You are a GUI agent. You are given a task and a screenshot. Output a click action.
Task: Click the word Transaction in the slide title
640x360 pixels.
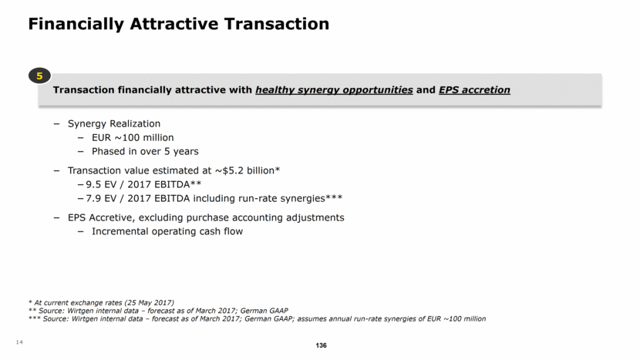[276, 24]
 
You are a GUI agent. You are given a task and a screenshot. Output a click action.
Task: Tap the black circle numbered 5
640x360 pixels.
[39, 76]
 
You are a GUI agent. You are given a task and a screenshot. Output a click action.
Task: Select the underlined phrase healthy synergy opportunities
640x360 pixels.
[334, 89]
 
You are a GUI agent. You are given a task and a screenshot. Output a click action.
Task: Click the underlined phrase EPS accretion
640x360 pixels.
[474, 89]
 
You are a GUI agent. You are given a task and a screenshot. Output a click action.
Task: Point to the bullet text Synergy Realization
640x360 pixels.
[114, 123]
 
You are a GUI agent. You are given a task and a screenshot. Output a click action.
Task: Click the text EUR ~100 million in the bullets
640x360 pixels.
[133, 137]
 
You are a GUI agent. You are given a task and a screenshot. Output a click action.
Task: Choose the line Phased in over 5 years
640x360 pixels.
[145, 151]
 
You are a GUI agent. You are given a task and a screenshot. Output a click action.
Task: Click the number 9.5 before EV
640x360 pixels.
[93, 184]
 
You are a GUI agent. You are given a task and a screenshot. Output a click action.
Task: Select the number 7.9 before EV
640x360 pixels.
[93, 198]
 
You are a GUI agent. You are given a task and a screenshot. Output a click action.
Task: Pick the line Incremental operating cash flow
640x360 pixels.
[167, 231]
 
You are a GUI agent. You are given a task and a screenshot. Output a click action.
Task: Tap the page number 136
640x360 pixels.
[322, 345]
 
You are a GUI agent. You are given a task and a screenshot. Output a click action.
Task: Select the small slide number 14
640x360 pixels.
[19, 342]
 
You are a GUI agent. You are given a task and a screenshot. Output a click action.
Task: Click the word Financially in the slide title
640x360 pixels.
[76, 24]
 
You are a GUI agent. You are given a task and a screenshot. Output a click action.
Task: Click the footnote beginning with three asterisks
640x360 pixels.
[257, 319]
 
